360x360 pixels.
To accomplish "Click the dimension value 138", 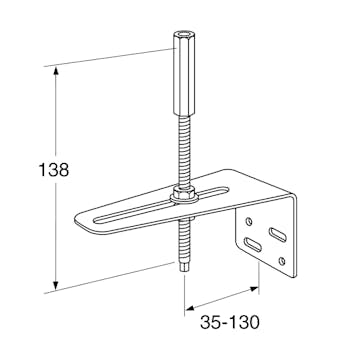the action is click(54, 170).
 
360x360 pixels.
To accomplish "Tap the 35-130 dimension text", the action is click(230, 322).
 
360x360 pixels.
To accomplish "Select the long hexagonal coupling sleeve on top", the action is click(184, 73).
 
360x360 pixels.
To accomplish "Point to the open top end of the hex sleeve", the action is click(184, 34).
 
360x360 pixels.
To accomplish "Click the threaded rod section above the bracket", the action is click(184, 151).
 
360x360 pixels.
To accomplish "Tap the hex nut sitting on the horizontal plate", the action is click(184, 192).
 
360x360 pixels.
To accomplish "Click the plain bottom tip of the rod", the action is click(184, 268).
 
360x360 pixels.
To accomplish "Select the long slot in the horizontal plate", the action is click(161, 206).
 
